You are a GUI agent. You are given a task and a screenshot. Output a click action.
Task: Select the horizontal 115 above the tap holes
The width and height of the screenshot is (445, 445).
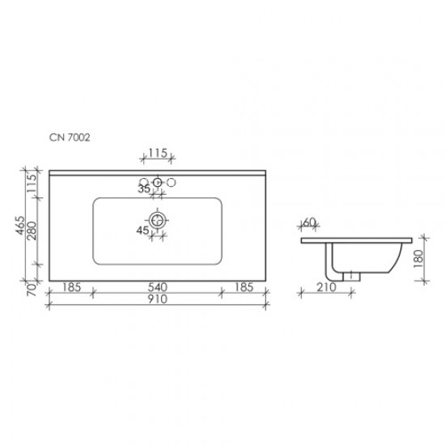coord(158,151)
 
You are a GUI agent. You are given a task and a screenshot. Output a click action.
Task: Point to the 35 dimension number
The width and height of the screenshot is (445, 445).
coord(144,190)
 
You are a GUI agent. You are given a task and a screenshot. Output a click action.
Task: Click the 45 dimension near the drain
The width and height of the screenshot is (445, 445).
coord(142,231)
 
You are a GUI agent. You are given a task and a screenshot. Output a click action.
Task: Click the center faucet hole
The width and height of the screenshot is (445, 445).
coord(158,181)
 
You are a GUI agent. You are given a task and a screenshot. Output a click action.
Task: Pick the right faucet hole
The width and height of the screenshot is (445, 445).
coord(171,181)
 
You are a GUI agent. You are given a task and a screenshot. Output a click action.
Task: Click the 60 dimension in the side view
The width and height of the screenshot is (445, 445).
coord(308,222)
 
